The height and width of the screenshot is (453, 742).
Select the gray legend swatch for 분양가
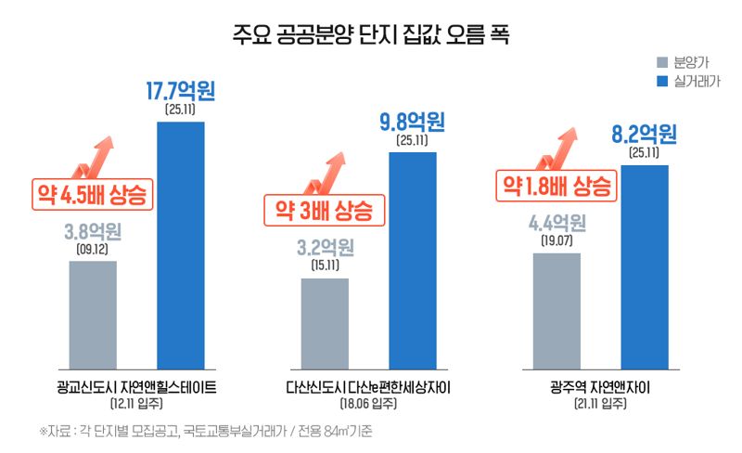(x=661, y=63)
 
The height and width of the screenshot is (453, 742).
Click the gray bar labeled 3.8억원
(x=93, y=315)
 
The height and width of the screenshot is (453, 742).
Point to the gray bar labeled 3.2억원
(x=325, y=322)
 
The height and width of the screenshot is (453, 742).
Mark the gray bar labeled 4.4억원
(x=556, y=310)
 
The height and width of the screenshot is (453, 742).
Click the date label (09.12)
(x=93, y=249)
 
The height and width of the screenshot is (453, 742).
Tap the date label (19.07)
(x=556, y=241)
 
